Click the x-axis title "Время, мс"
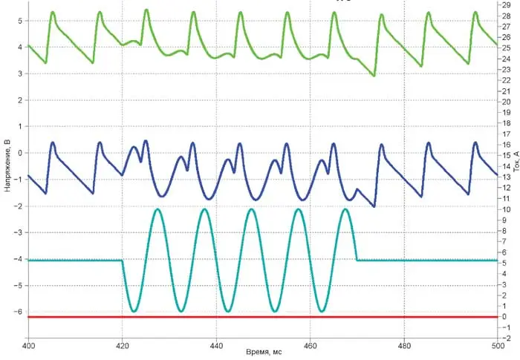point(263,351)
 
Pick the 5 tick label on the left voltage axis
point(19,21)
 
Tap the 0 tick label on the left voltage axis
point(19,153)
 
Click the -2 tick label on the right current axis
point(506,338)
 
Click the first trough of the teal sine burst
point(134,311)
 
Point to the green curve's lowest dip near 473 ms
point(374,75)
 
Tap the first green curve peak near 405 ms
point(53,12)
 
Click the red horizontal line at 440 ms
point(216,317)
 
